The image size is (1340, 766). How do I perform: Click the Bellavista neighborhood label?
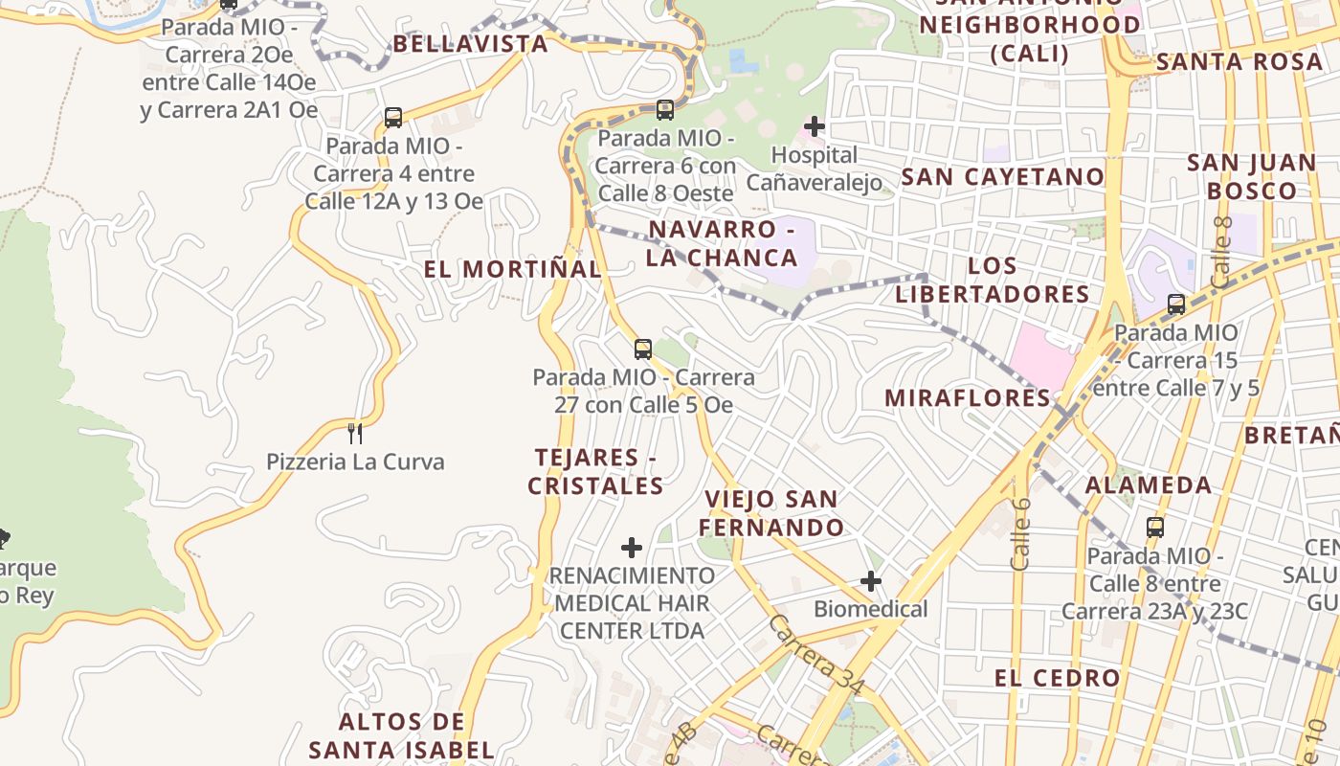click(x=470, y=44)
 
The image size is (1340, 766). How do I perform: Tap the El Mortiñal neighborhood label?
click(x=513, y=270)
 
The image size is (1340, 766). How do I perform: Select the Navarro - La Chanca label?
click(x=722, y=243)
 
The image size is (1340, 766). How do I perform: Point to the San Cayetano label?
click(x=1003, y=177)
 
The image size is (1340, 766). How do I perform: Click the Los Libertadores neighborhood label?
click(x=993, y=280)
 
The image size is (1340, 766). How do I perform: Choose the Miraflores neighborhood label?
click(x=968, y=398)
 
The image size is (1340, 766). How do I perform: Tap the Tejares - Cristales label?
click(x=595, y=472)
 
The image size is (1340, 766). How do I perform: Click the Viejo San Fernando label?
click(x=771, y=513)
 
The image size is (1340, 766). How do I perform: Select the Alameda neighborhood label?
click(x=1149, y=484)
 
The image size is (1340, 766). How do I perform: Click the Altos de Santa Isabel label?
click(x=402, y=735)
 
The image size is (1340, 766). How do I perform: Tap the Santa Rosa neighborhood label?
click(x=1239, y=62)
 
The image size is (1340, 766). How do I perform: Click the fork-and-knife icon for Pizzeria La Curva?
click(x=355, y=434)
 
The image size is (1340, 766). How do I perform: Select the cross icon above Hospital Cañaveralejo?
click(x=814, y=125)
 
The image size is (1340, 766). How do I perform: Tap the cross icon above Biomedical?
click(x=870, y=581)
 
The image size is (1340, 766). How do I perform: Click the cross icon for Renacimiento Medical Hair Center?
click(x=632, y=548)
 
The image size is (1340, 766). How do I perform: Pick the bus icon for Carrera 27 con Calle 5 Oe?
click(x=643, y=349)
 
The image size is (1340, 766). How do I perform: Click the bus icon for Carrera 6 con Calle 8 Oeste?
click(x=665, y=110)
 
